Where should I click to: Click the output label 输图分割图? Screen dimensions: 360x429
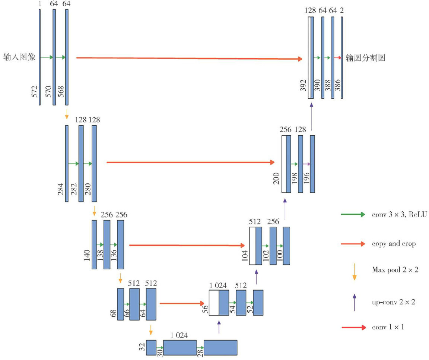pyautogui.click(x=365, y=58)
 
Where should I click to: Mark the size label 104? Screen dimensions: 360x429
pyautogui.click(x=245, y=257)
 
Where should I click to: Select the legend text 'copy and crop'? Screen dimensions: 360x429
pyautogui.click(x=393, y=244)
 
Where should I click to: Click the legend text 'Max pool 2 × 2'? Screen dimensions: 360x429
pyautogui.click(x=395, y=269)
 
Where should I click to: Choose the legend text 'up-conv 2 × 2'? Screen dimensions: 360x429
pyautogui.click(x=393, y=302)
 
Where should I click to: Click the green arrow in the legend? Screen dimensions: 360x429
pyautogui.click(x=353, y=215)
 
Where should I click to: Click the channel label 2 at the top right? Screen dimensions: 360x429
pyautogui.click(x=342, y=10)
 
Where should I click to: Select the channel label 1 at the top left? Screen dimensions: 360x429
pyautogui.click(x=39, y=3)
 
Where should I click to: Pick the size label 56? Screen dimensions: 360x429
pyautogui.click(x=205, y=309)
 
